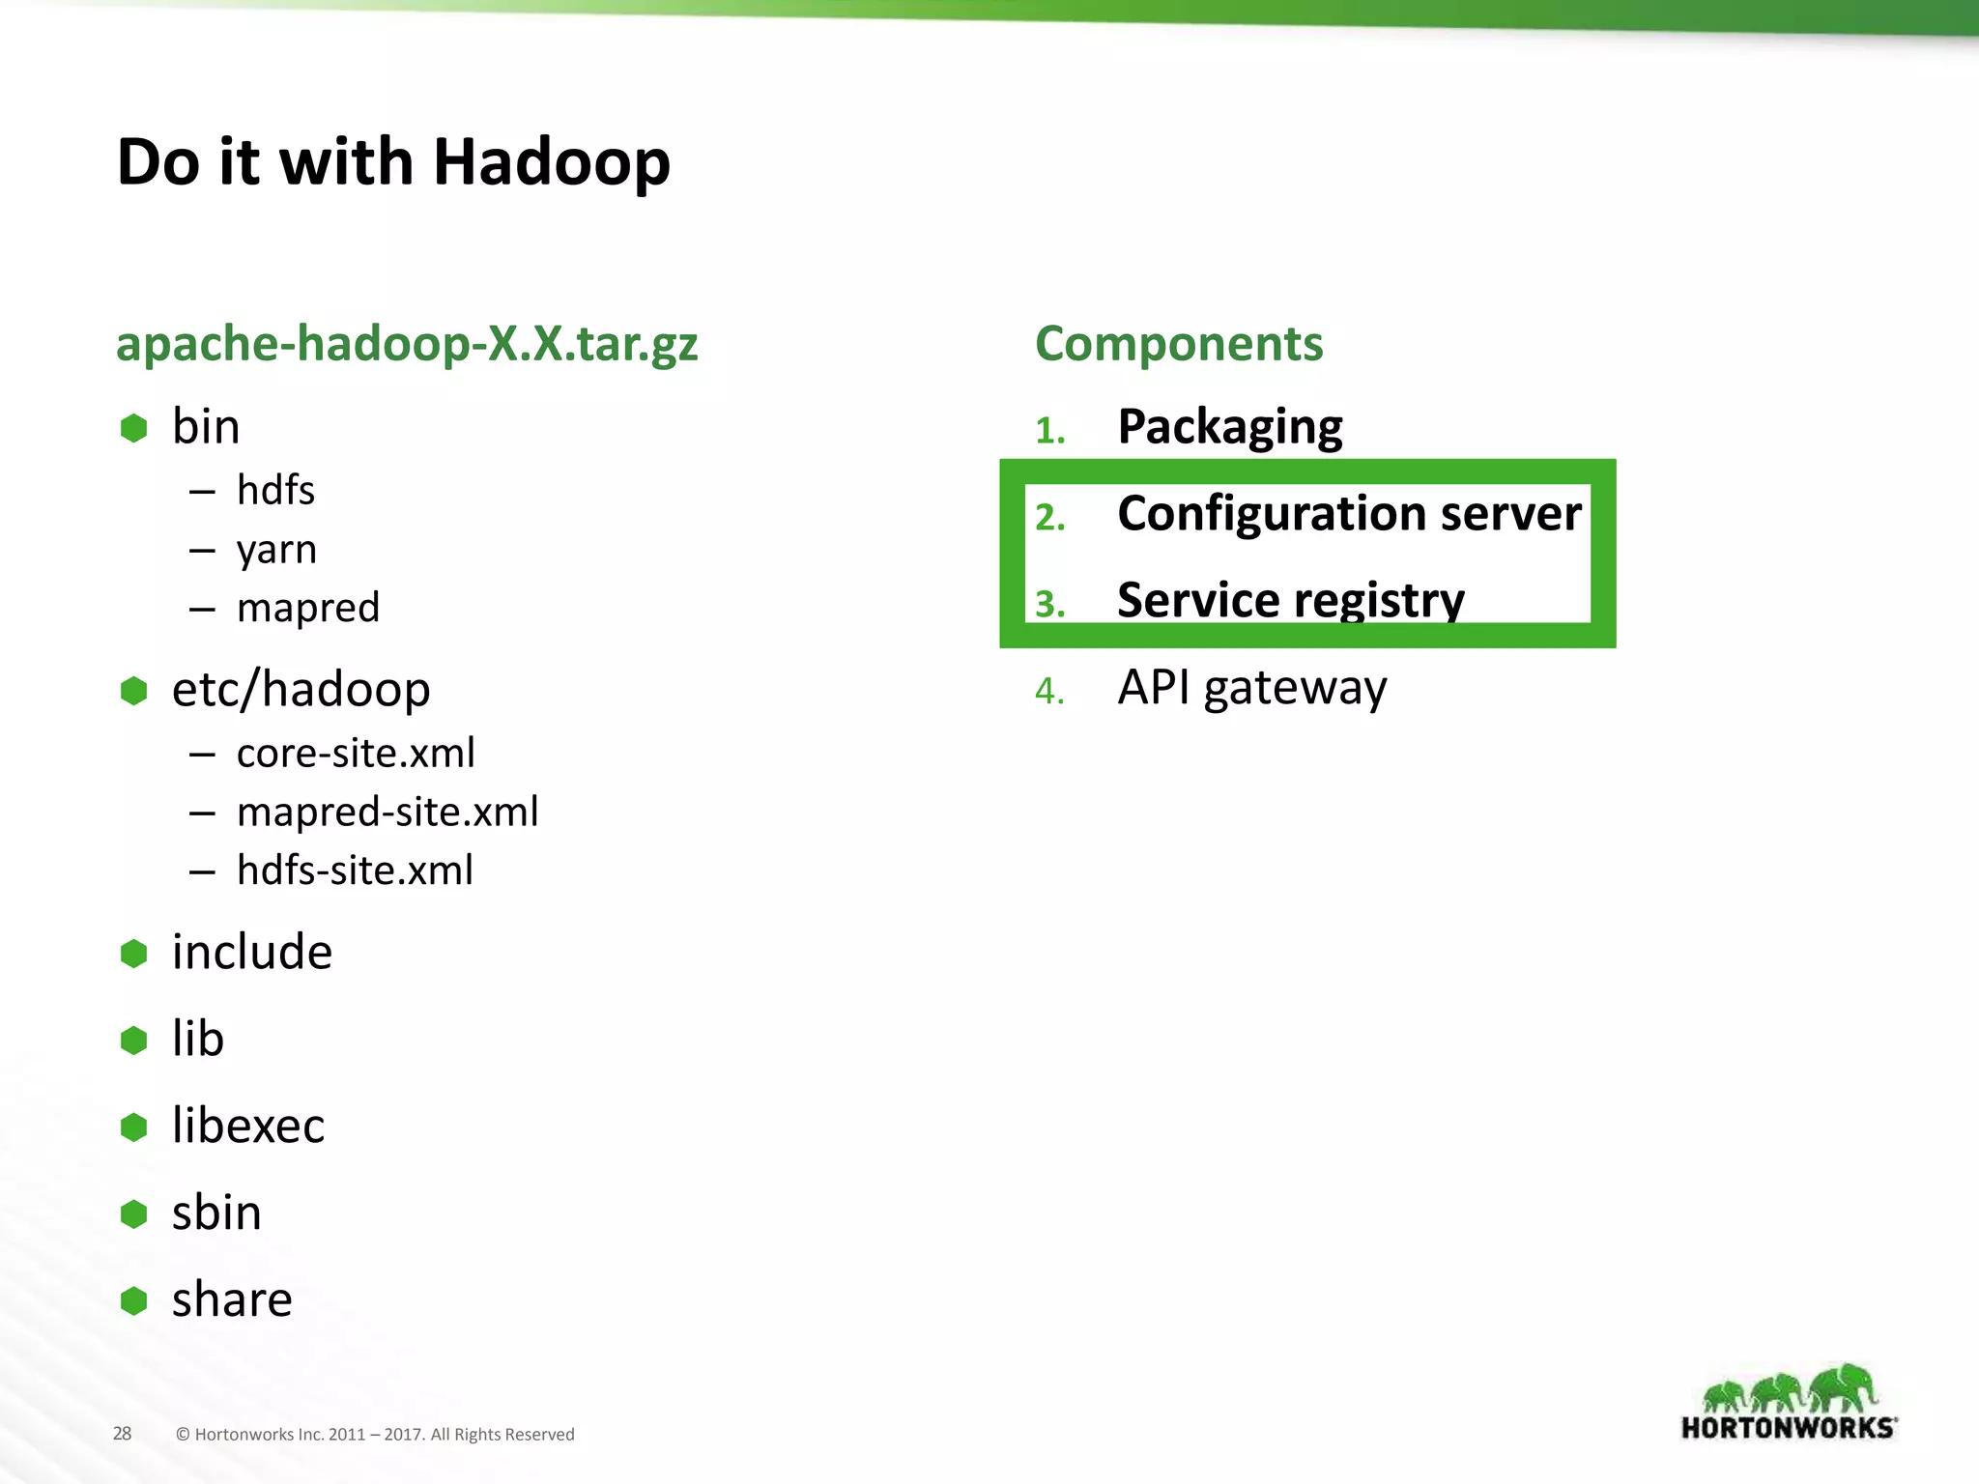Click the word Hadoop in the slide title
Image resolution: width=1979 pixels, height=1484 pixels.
point(551,162)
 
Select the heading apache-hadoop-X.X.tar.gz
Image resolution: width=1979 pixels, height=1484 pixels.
point(406,344)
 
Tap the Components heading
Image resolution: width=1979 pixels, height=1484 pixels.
point(1179,344)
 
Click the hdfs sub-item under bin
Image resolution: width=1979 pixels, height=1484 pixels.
point(275,491)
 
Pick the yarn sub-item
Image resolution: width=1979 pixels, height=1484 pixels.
point(276,551)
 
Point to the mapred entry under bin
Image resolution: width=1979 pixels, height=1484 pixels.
point(308,609)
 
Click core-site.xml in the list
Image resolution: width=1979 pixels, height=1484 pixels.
point(356,754)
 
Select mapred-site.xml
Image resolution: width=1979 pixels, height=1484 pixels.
point(387,813)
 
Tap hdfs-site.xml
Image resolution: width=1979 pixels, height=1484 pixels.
point(355,870)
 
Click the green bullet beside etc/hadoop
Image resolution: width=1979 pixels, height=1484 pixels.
point(133,691)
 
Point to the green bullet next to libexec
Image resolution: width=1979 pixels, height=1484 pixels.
point(133,1127)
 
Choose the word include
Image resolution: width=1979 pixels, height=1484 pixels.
point(252,953)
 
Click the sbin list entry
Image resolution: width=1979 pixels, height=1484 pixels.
point(216,1213)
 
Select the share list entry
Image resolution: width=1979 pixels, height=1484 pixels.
point(232,1300)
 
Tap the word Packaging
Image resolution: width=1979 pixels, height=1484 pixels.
point(1230,427)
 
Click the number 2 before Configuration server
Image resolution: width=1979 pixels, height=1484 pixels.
point(1048,518)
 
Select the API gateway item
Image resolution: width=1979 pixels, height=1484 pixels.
point(1252,688)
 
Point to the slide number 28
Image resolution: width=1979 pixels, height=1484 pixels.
point(122,1434)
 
